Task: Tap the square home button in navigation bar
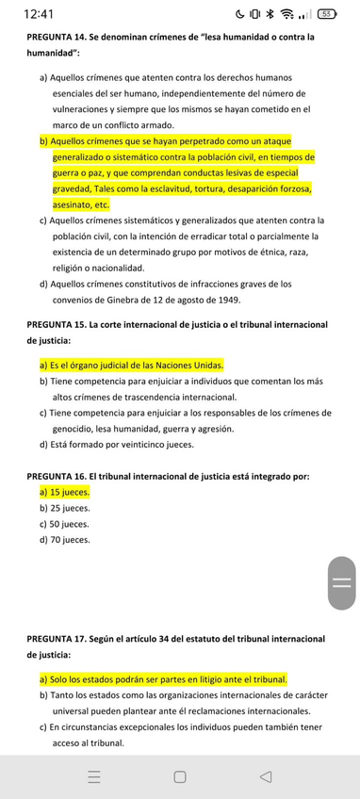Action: click(179, 777)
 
